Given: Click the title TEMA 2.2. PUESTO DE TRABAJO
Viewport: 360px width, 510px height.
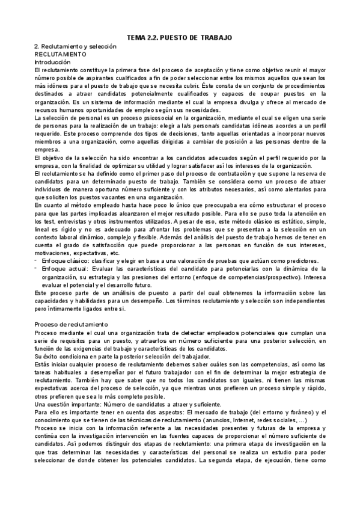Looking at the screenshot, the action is (180, 38).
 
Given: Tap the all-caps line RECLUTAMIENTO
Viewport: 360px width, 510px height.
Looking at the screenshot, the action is (60, 54).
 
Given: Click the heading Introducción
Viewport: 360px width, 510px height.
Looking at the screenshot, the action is (52, 62).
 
